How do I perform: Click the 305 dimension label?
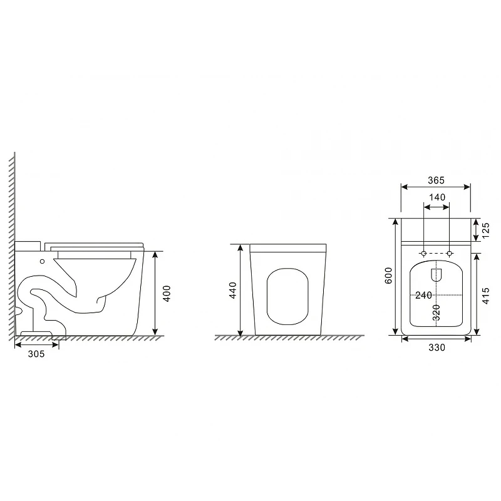[x=36, y=354]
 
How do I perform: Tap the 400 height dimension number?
[x=167, y=293]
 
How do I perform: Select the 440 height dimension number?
[x=233, y=290]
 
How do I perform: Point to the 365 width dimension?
[x=436, y=180]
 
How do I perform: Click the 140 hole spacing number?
[x=437, y=197]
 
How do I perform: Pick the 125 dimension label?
[x=485, y=230]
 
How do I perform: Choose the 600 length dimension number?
[x=388, y=276]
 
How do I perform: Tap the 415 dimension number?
[x=485, y=296]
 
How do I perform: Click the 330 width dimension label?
[x=436, y=348]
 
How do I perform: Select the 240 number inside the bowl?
[x=424, y=295]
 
